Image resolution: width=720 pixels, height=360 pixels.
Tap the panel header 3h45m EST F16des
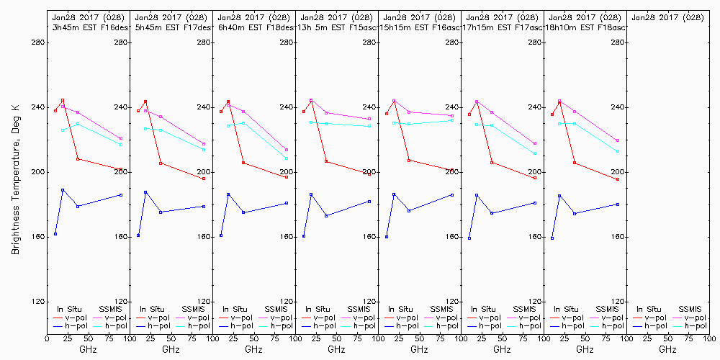(x=87, y=27)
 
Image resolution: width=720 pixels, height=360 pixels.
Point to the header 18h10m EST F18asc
(x=586, y=27)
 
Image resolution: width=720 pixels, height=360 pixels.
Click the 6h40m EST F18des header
(x=253, y=27)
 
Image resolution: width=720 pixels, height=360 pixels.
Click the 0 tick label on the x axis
(x=47, y=336)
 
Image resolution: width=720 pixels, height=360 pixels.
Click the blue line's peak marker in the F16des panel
(x=63, y=190)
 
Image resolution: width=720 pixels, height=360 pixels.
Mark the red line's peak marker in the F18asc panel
(x=559, y=102)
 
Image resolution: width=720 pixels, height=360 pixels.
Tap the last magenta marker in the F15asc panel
(x=369, y=119)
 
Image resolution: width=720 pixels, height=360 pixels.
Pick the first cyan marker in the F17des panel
(x=145, y=129)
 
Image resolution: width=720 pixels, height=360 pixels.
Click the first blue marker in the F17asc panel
(x=469, y=238)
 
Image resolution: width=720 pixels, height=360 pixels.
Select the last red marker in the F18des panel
(x=287, y=177)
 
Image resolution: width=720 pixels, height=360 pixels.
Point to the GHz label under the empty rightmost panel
(x=667, y=349)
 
